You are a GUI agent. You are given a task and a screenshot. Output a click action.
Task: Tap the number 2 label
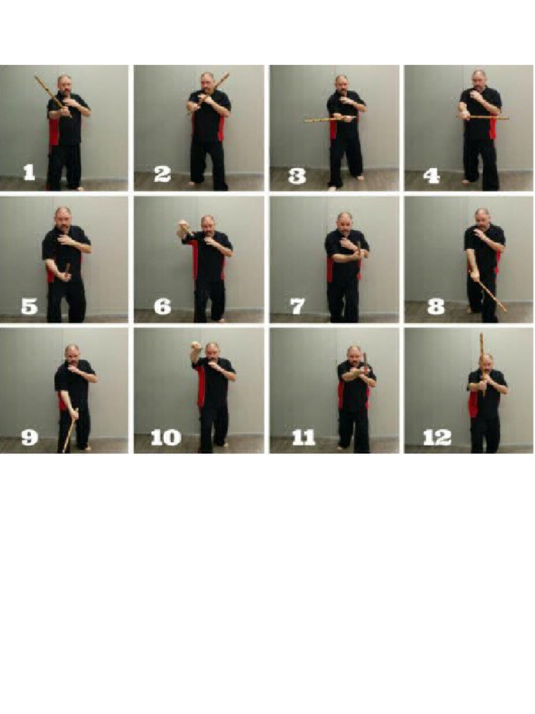point(162,174)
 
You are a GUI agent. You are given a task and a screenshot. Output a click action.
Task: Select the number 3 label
point(297,174)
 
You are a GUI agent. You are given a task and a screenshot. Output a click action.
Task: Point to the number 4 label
point(431,174)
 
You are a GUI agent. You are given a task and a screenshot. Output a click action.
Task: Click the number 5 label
point(29,305)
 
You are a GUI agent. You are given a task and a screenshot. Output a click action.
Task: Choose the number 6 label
point(162,305)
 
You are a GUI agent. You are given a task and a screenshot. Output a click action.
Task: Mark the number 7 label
point(297,305)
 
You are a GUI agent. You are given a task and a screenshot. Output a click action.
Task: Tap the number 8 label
point(435,305)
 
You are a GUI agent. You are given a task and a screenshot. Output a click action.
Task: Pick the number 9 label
point(29,437)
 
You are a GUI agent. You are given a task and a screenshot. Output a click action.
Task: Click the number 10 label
point(165,437)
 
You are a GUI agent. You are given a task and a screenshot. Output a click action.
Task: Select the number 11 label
point(304,437)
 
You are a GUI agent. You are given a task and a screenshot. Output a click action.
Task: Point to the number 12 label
point(437,437)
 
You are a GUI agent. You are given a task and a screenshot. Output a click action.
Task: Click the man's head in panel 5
point(63,216)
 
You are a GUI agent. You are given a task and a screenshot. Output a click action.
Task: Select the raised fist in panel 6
point(184,226)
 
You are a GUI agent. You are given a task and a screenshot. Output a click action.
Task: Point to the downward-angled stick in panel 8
point(493,296)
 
